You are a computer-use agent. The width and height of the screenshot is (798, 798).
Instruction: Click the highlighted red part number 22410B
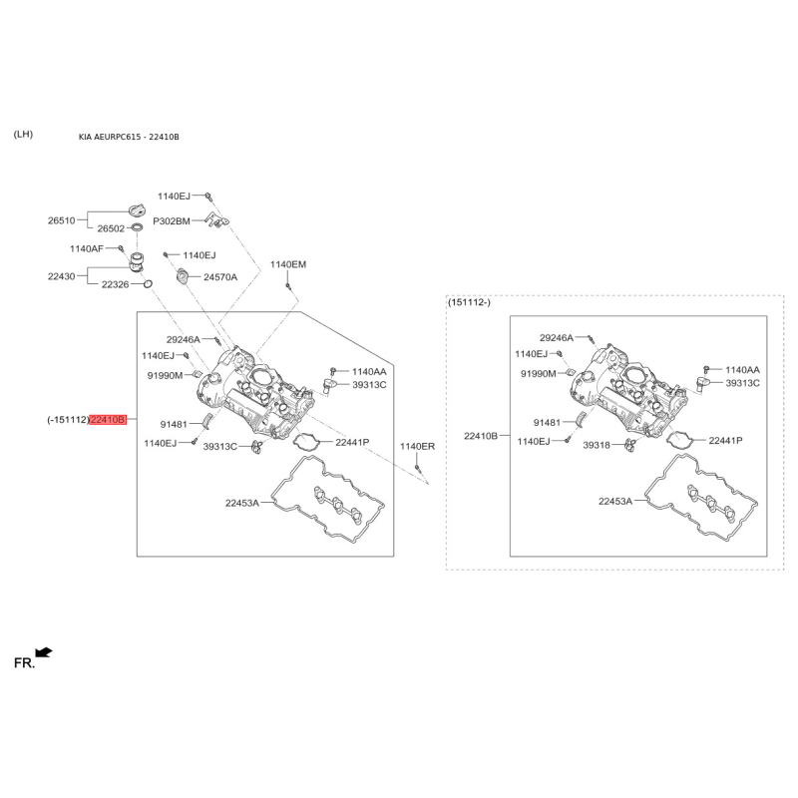tap(108, 420)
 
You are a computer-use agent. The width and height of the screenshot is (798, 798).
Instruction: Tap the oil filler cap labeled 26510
tap(137, 209)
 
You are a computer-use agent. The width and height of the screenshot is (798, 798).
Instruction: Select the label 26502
tap(111, 228)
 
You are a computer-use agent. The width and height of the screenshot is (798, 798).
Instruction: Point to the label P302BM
tap(172, 221)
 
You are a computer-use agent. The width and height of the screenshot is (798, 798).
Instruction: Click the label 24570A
tap(220, 277)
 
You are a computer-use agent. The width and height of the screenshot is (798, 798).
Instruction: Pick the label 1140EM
tap(288, 264)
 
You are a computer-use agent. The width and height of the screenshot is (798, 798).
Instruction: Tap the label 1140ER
tap(417, 446)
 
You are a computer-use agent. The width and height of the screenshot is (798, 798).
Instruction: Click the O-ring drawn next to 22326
tap(148, 283)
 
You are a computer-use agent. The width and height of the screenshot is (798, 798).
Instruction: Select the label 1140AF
tap(87, 248)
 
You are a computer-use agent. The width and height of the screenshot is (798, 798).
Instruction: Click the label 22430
tap(62, 276)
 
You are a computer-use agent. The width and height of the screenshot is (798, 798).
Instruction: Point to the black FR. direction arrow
tap(44, 652)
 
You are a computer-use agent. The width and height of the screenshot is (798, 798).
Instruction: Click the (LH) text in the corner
tap(23, 135)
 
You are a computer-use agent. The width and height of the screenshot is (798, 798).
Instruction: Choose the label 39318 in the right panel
tap(597, 445)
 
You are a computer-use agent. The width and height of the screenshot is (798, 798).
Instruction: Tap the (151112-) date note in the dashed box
tap(469, 303)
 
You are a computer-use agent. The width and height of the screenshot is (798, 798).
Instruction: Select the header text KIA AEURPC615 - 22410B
tap(129, 137)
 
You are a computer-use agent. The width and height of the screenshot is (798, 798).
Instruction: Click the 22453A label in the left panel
tap(242, 504)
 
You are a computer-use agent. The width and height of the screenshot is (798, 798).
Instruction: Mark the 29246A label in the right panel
tap(557, 338)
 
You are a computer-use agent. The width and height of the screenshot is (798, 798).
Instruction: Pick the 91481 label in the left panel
tap(174, 425)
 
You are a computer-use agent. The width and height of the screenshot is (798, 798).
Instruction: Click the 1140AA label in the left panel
tap(369, 372)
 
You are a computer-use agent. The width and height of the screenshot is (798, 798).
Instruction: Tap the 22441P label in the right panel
tap(726, 441)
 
